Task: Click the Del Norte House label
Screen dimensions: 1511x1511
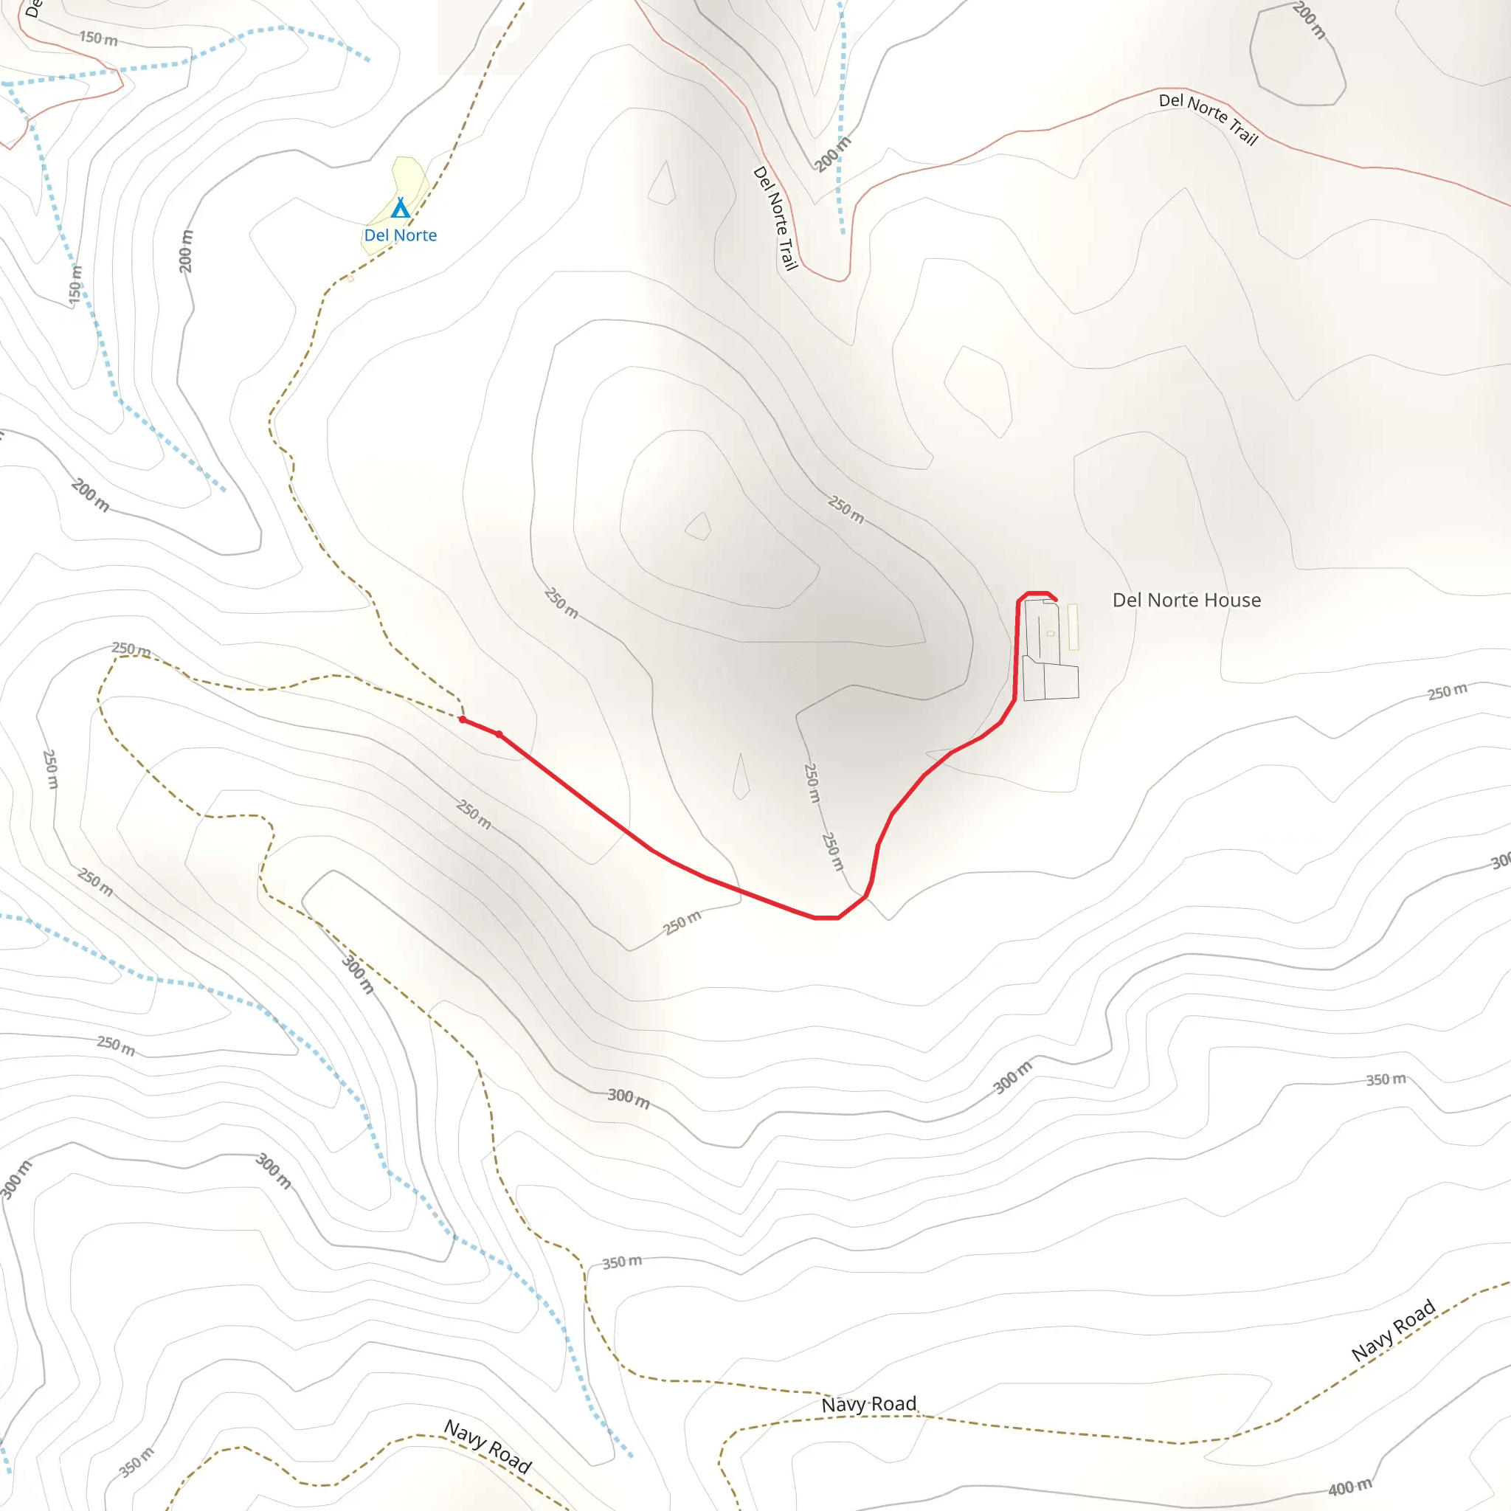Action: point(1186,600)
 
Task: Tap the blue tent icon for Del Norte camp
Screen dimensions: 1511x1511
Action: point(401,208)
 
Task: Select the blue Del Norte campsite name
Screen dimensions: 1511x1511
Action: point(401,235)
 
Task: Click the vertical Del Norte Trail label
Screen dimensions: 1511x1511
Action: point(775,218)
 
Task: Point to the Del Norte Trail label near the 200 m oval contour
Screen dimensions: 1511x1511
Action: point(1208,119)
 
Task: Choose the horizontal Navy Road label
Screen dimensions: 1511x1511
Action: point(868,1404)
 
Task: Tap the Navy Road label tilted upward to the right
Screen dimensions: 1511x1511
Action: point(1393,1330)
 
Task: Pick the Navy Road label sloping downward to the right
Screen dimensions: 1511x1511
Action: point(488,1446)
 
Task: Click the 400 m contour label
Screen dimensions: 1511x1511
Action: point(1349,1487)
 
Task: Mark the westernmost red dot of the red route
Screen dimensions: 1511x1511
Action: point(463,719)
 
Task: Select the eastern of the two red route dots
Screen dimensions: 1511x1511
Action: point(499,734)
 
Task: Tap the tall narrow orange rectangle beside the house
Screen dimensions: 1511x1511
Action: point(1073,626)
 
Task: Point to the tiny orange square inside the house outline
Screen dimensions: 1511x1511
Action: point(1051,634)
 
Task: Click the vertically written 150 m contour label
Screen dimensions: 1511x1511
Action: point(75,285)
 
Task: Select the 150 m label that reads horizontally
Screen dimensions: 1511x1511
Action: point(99,38)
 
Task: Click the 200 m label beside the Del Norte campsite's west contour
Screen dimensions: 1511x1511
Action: point(185,251)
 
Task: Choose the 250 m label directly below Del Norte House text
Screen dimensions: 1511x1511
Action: point(1447,692)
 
